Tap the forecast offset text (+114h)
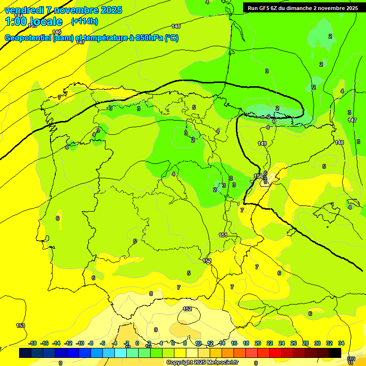click(x=84, y=21)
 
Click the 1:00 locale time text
click(x=33, y=21)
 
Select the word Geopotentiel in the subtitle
click(x=28, y=38)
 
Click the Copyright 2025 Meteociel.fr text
click(x=202, y=362)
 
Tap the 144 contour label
click(x=18, y=16)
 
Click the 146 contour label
click(x=57, y=32)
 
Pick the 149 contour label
click(x=262, y=143)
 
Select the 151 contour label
click(x=223, y=235)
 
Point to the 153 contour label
click(x=20, y=325)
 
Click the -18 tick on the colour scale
click(x=33, y=343)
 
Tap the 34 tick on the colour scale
click(x=341, y=343)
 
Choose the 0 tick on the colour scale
click(x=137, y=343)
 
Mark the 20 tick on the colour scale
click(x=258, y=343)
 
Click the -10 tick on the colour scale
click(x=80, y=343)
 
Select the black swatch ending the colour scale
click(x=335, y=353)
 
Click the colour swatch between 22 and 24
click(x=275, y=353)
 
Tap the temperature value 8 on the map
click(x=151, y=294)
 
